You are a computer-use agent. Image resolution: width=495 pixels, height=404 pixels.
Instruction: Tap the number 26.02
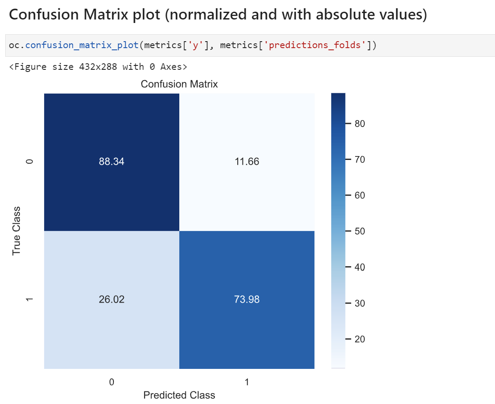(x=111, y=299)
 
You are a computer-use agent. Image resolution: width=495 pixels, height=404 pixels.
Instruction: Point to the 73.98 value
(x=247, y=299)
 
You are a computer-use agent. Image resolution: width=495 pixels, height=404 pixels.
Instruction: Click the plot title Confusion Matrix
(x=179, y=84)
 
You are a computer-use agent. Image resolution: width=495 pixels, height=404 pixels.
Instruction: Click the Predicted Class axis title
(x=179, y=395)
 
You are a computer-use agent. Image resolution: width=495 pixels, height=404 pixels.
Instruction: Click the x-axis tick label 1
(x=247, y=382)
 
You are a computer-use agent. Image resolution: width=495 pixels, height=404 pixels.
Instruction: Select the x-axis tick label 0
(x=111, y=382)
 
